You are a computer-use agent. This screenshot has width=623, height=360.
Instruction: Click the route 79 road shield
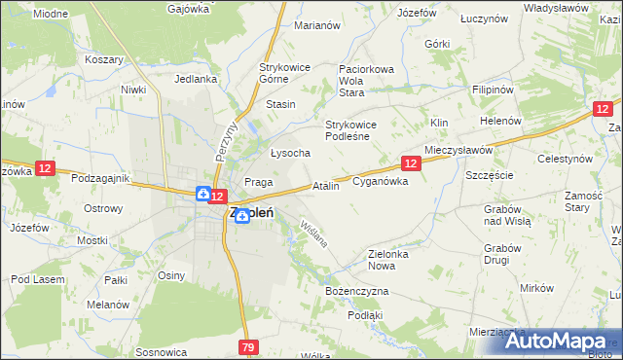click(x=248, y=346)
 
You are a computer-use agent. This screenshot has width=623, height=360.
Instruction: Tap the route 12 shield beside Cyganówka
click(x=412, y=163)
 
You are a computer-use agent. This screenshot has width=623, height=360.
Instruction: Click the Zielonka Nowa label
click(x=393, y=260)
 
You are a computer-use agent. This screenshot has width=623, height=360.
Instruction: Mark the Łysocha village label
click(x=290, y=153)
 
